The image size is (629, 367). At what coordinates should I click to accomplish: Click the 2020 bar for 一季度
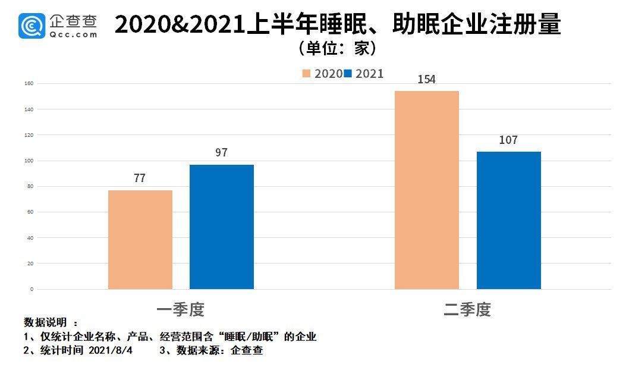(140, 240)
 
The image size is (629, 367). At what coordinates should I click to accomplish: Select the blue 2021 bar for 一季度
(222, 227)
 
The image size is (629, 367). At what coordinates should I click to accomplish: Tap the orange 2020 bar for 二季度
(427, 190)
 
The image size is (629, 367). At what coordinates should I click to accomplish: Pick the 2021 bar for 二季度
(509, 220)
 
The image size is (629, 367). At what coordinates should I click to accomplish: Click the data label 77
(140, 178)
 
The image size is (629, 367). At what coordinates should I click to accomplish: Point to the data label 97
(221, 153)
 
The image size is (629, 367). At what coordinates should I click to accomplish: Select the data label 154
(426, 79)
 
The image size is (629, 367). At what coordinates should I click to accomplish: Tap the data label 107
(508, 140)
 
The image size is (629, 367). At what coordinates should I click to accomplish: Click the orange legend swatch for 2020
(307, 74)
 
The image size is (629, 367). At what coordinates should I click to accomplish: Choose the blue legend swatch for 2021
(348, 74)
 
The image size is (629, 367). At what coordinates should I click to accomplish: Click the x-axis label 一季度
(181, 310)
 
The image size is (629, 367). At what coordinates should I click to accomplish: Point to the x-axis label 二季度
(467, 310)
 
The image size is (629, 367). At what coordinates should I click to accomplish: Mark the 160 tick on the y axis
(29, 84)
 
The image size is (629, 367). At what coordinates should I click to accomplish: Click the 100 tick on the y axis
(29, 161)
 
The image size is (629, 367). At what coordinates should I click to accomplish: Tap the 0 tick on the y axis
(32, 290)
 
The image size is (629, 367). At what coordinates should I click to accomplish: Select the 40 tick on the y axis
(30, 238)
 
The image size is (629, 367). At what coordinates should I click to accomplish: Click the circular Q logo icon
(32, 26)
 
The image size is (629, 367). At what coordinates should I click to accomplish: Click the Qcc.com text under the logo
(73, 34)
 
